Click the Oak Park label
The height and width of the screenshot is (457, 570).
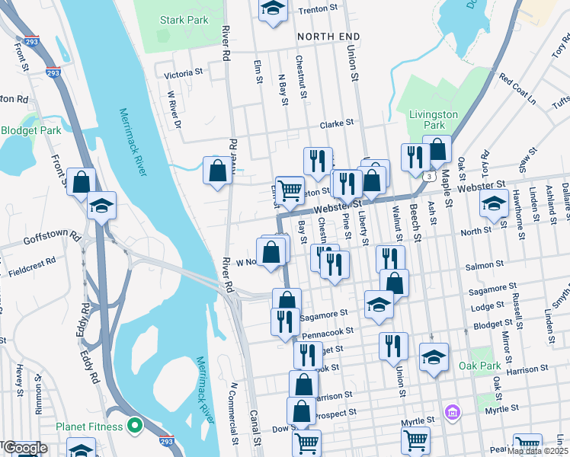point(479,366)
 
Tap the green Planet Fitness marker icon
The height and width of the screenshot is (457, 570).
point(136,424)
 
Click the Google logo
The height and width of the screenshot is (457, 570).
point(24,449)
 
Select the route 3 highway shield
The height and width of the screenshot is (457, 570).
point(431,177)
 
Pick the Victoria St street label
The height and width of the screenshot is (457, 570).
point(184,75)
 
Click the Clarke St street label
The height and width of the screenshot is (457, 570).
point(338,122)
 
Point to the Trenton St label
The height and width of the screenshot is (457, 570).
point(319,8)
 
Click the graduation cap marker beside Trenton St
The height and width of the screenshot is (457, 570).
point(272,9)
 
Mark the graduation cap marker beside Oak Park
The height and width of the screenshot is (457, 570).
point(434,356)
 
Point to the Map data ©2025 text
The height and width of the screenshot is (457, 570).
point(537,451)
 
